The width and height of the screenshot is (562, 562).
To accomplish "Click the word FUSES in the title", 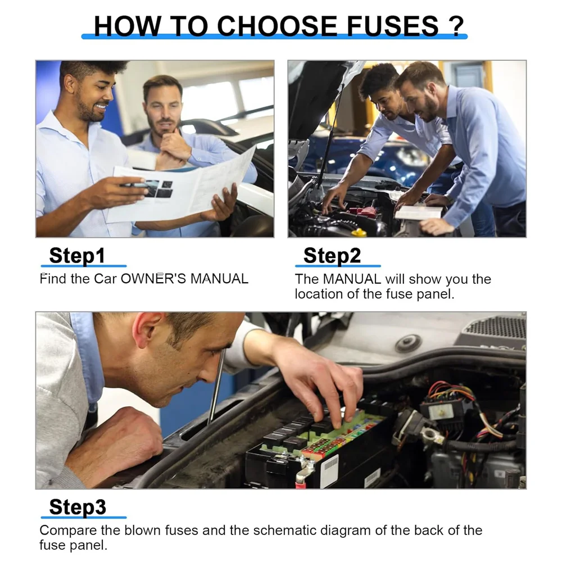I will [386, 26].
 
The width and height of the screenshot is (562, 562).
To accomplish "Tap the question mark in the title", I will [455, 26].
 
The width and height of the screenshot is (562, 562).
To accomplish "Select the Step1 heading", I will [77, 256].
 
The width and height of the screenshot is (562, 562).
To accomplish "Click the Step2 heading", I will [332, 256].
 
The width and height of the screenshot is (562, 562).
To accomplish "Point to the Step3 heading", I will [78, 507].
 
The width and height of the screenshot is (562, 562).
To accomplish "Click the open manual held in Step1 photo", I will [185, 188].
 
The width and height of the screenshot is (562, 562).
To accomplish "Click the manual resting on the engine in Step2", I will [419, 212].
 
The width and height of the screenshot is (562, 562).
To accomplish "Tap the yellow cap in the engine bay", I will [358, 232].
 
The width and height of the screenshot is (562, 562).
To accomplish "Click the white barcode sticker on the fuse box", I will [330, 470].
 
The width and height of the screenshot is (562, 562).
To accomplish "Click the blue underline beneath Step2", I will [337, 266].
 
